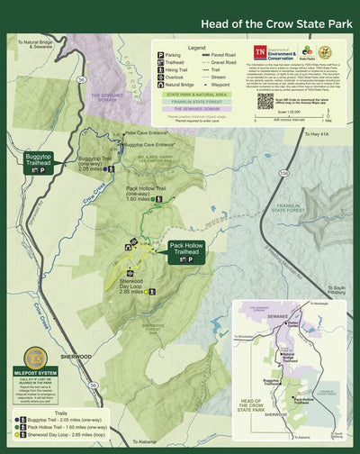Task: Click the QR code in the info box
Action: [265, 100]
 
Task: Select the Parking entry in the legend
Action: [172, 55]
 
